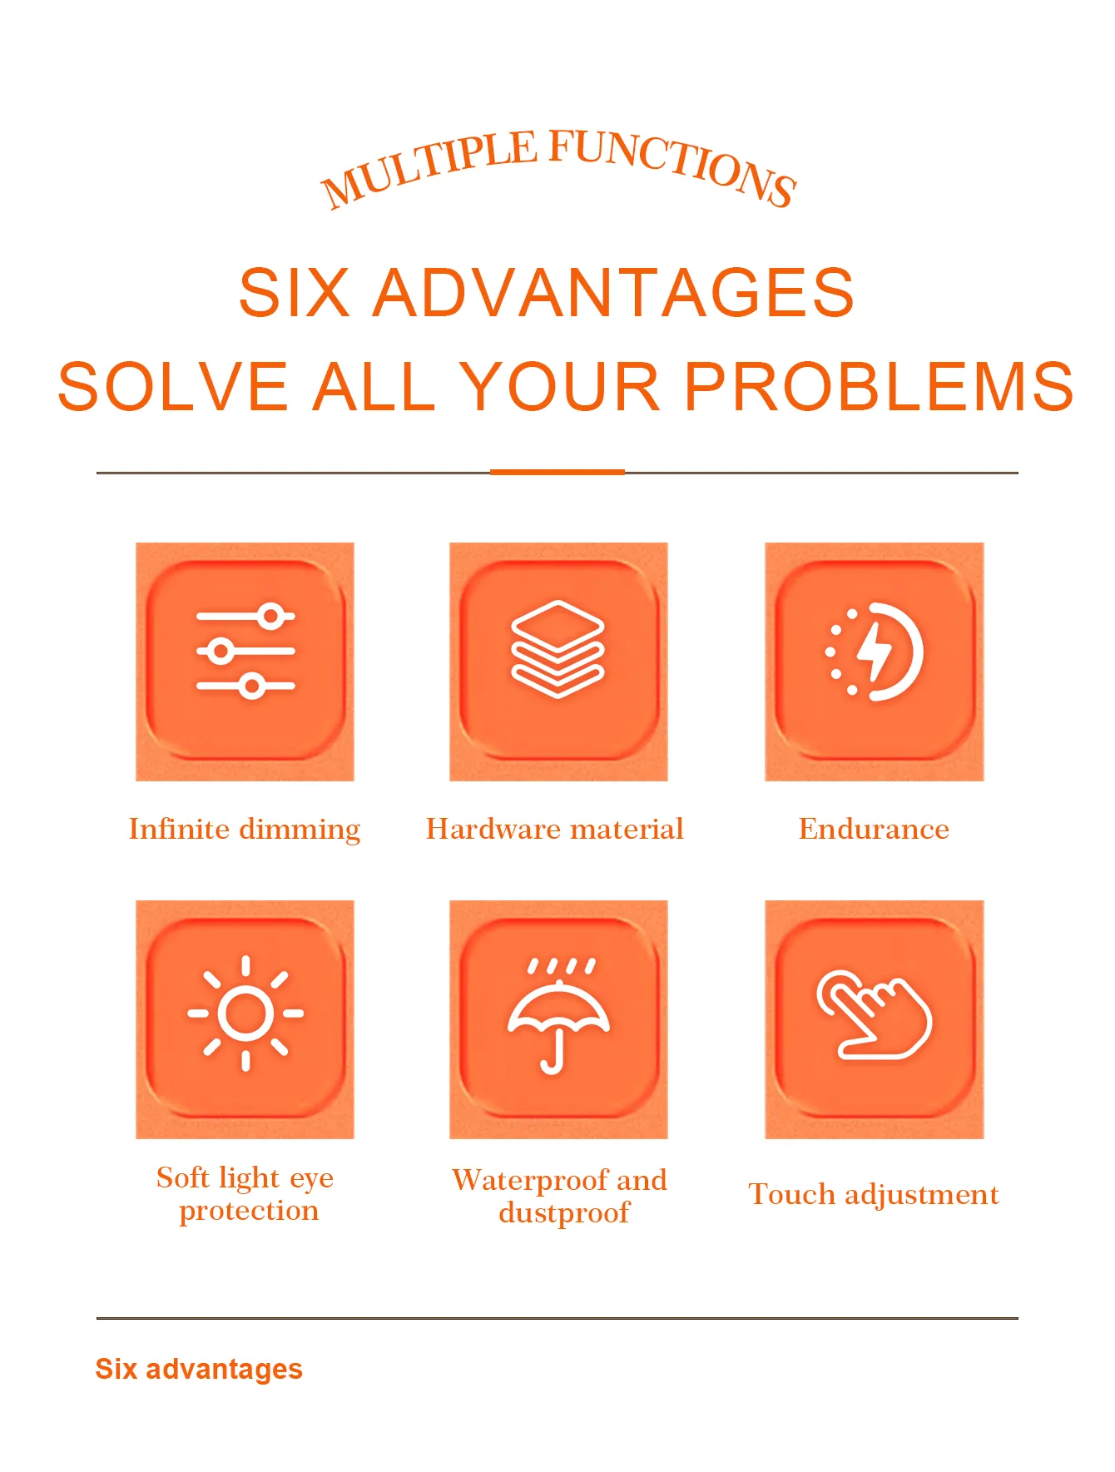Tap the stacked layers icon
(x=557, y=649)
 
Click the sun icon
(x=245, y=1013)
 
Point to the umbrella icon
(x=558, y=1015)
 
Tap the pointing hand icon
(x=874, y=1014)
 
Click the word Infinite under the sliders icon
(x=179, y=829)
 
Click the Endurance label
(x=874, y=829)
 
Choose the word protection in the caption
(x=249, y=1212)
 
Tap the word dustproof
(x=564, y=1213)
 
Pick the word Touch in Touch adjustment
(x=792, y=1194)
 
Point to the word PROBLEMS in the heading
(x=880, y=387)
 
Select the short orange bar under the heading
(x=557, y=472)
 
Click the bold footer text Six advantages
(x=199, y=1369)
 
